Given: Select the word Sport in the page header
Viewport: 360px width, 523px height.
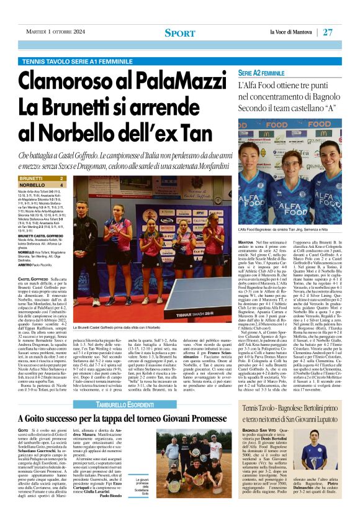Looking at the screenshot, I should (x=179, y=32).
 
